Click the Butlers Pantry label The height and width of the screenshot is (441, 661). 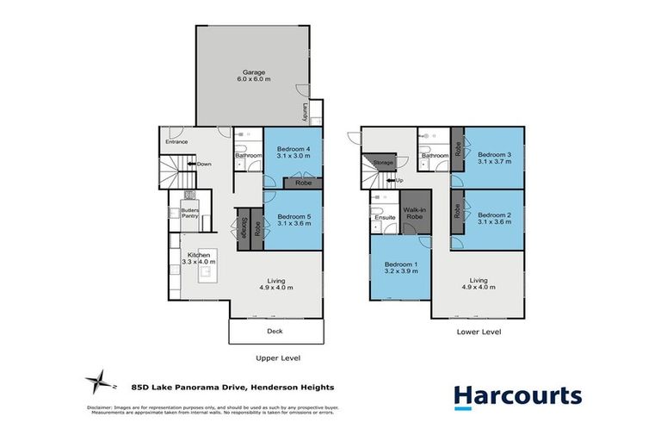pos(189,213)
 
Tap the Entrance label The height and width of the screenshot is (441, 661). pos(176,141)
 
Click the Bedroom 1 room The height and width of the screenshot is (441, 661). pos(400,267)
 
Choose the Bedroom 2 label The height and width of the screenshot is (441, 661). pos(494,219)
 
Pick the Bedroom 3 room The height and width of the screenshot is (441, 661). pos(494,159)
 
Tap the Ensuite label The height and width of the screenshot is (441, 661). pos(385,217)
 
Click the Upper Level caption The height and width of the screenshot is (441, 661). pos(278,357)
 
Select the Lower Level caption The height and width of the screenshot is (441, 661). pos(479,331)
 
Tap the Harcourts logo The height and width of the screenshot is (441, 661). pos(517,396)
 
